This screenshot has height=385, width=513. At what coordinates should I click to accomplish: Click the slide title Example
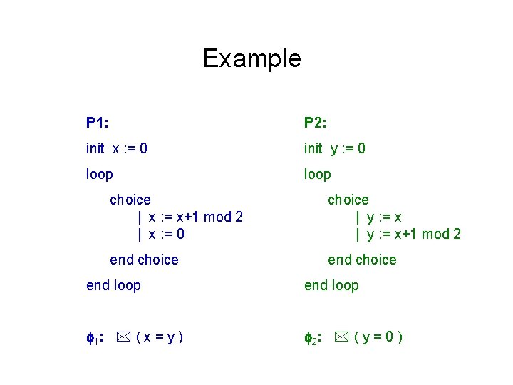point(252,58)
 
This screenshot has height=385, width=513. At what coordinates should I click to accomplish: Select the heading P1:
point(98,123)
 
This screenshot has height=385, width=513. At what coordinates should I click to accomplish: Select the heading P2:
point(316,123)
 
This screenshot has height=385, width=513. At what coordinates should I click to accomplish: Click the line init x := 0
point(117,148)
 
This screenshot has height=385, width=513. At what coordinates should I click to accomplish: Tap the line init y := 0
point(335,148)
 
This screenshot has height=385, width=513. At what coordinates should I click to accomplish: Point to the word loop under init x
point(99,174)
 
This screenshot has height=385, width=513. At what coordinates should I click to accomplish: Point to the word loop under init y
point(317,174)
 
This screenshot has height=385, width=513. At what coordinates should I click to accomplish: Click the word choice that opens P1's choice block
point(130,200)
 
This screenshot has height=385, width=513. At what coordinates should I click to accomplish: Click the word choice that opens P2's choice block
point(348,200)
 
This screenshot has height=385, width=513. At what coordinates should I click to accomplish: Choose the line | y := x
point(383,217)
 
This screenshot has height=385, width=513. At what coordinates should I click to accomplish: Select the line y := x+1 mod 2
point(408,234)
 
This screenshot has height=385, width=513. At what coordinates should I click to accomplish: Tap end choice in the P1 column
point(144,260)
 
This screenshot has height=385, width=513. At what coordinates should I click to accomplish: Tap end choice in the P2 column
point(362,260)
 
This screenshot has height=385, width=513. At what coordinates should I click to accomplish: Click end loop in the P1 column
point(113,285)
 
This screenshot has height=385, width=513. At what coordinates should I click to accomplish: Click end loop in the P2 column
point(331,285)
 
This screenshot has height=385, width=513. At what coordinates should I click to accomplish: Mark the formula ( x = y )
point(160,337)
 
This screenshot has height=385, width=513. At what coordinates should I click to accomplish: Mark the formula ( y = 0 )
point(378,337)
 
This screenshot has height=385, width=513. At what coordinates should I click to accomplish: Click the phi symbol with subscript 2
point(310,337)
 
